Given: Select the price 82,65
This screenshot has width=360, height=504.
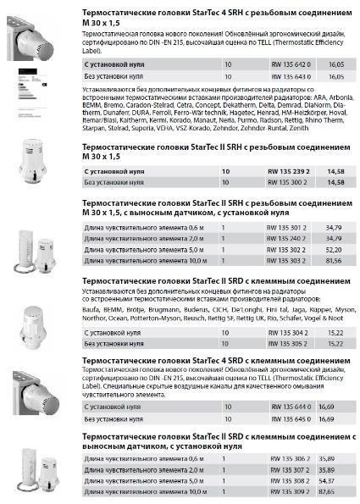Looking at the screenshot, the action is [x=340, y=491].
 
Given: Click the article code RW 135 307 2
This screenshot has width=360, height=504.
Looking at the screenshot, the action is [x=289, y=468].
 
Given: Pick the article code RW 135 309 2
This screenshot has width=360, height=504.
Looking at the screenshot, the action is [x=289, y=491].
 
